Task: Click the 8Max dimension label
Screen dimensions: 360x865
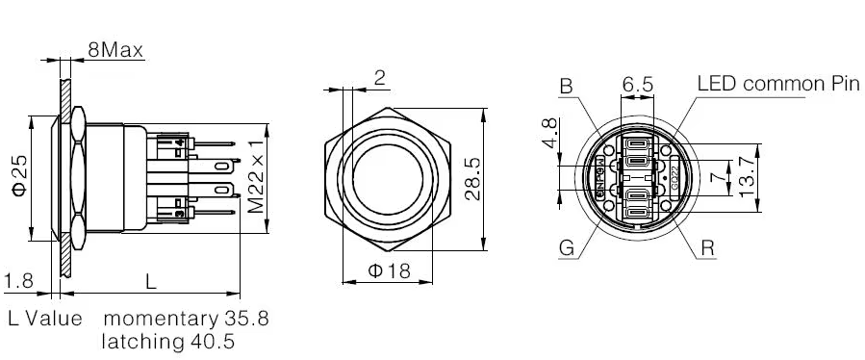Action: [x=115, y=48]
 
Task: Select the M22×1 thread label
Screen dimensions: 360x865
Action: [x=256, y=180]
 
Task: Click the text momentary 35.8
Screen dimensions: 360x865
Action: [x=185, y=319]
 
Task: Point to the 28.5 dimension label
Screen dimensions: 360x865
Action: [x=471, y=179]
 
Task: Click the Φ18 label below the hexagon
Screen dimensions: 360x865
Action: [x=389, y=271]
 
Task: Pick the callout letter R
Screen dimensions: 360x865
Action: [x=708, y=248]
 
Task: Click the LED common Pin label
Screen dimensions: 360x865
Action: [x=776, y=84]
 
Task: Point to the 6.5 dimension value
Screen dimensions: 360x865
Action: [x=637, y=85]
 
